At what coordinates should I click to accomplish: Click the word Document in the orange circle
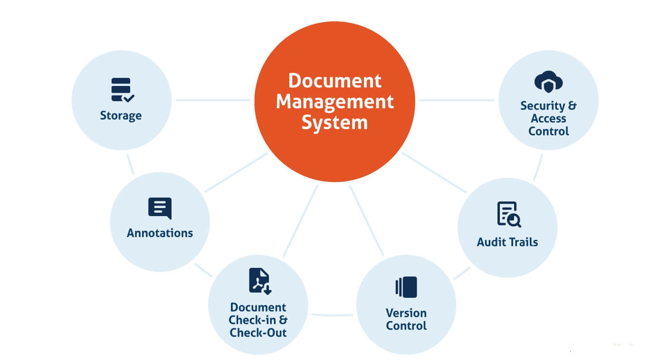click(x=334, y=81)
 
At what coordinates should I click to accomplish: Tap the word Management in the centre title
click(x=334, y=102)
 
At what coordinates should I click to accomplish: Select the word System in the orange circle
click(x=334, y=123)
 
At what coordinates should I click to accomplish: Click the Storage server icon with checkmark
click(x=122, y=90)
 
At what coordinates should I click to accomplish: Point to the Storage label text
click(x=121, y=115)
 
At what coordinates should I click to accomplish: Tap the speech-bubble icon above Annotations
click(x=160, y=208)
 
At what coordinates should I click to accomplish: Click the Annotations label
click(x=160, y=233)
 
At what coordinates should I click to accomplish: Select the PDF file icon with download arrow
click(x=259, y=281)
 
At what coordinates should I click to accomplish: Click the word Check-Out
click(x=258, y=332)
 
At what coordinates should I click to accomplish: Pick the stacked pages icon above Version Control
click(x=406, y=287)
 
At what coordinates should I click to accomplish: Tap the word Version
click(x=406, y=313)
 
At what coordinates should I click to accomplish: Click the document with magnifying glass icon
click(x=508, y=214)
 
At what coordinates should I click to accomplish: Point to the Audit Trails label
click(x=507, y=242)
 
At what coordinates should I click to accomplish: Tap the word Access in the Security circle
click(x=548, y=118)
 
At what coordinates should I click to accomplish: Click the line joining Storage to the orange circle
click(x=212, y=100)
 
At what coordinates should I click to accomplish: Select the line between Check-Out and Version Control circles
click(x=332, y=314)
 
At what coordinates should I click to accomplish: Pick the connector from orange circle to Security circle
click(x=456, y=100)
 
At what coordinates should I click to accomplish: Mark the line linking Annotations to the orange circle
click(x=236, y=172)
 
